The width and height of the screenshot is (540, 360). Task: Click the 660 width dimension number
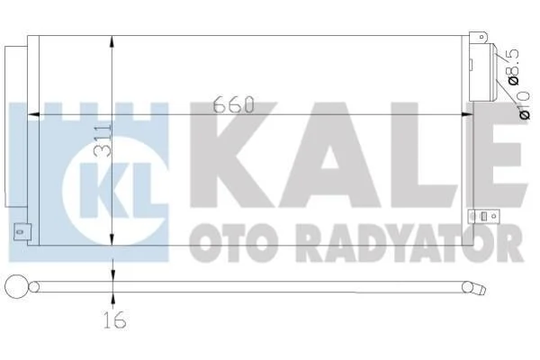coord(233,104)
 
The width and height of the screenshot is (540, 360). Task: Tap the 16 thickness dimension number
coord(115,319)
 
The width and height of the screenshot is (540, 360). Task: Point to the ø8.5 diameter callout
coord(512,67)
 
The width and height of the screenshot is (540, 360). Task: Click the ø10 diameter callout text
coord(524,105)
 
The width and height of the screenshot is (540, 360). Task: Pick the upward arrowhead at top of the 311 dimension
coord(112,42)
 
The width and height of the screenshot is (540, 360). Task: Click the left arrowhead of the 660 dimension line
coord(33,114)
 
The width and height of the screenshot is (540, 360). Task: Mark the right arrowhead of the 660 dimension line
coord(467,114)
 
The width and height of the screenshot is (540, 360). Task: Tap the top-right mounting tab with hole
coord(479,37)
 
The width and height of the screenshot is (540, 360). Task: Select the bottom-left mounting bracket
coord(22,232)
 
